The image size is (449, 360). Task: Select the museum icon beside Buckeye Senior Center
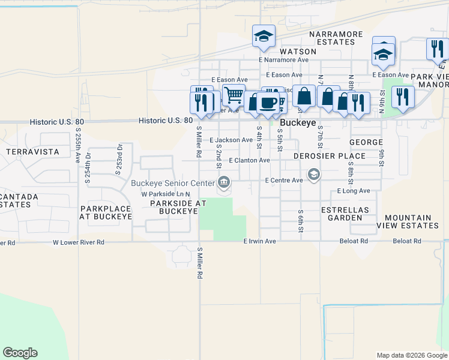click(224, 181)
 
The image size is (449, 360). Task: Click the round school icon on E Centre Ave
click(313, 175)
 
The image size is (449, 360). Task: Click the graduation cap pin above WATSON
click(263, 37)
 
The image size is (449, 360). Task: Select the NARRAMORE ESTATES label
click(332, 38)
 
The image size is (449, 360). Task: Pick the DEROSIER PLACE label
click(330, 156)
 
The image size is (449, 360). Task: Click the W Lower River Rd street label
click(79, 242)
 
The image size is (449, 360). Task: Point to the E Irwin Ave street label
click(259, 241)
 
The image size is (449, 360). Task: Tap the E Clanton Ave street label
click(250, 161)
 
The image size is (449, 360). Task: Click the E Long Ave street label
click(354, 191)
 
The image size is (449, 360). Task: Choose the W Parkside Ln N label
click(166, 194)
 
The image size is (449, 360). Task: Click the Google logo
click(20, 353)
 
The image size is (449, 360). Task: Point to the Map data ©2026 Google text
click(411, 355)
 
